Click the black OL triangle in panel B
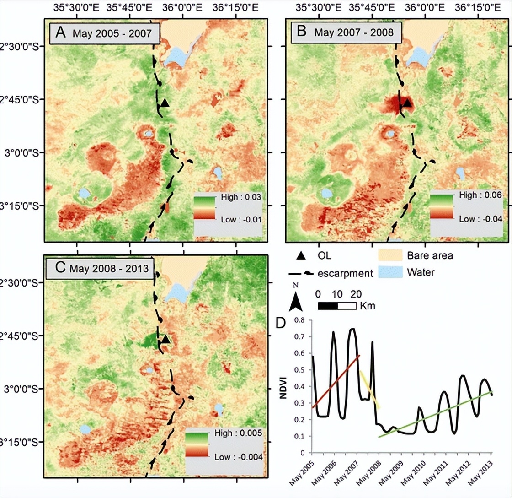(x=407, y=104)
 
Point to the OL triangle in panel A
(x=165, y=103)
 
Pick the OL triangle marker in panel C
(x=165, y=339)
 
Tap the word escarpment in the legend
(x=343, y=273)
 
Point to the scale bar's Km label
(x=368, y=306)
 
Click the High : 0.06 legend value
(x=480, y=195)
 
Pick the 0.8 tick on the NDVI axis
(x=299, y=320)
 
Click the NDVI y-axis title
(x=283, y=386)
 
